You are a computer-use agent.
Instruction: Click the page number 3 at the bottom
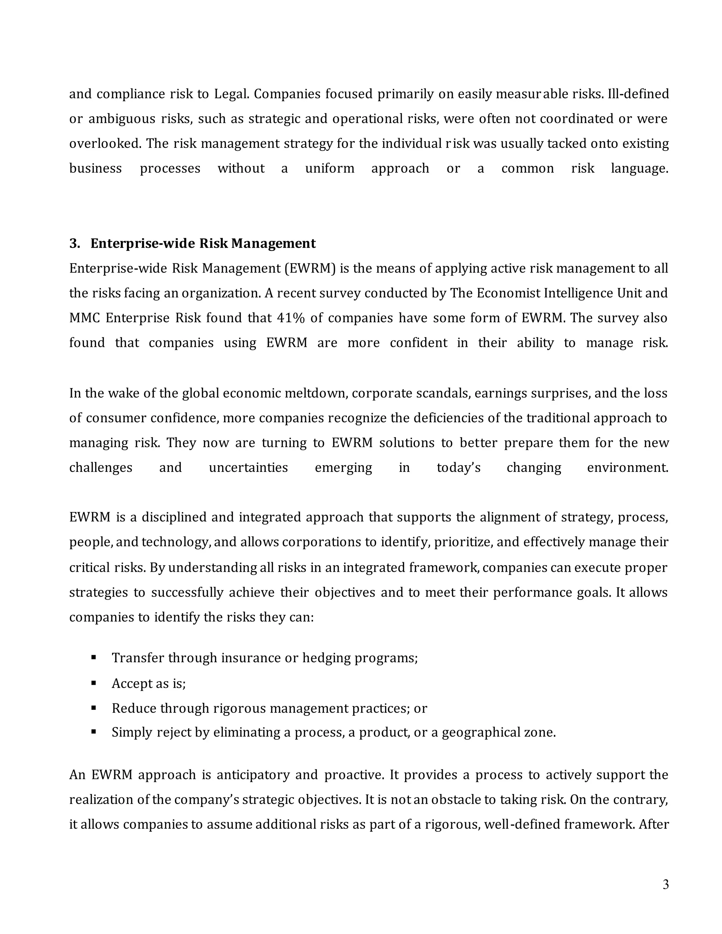tap(666, 884)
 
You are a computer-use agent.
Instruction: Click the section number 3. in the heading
tap(74, 244)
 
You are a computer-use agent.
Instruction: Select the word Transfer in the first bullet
tap(138, 658)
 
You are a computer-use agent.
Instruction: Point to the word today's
tap(459, 468)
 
